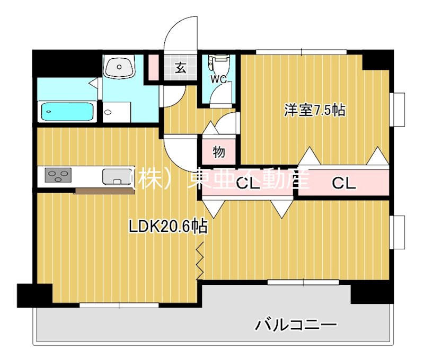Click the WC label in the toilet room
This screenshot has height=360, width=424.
pos(219,80)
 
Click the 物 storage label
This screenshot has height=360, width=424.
pos(218,152)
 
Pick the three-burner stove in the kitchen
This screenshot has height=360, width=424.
pos(58,175)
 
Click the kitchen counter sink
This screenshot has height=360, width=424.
pos(114,176)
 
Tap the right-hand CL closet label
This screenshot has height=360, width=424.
pos(344,183)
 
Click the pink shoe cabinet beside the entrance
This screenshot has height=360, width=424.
pos(153,67)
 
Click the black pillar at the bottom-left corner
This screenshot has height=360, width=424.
pos(34,295)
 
